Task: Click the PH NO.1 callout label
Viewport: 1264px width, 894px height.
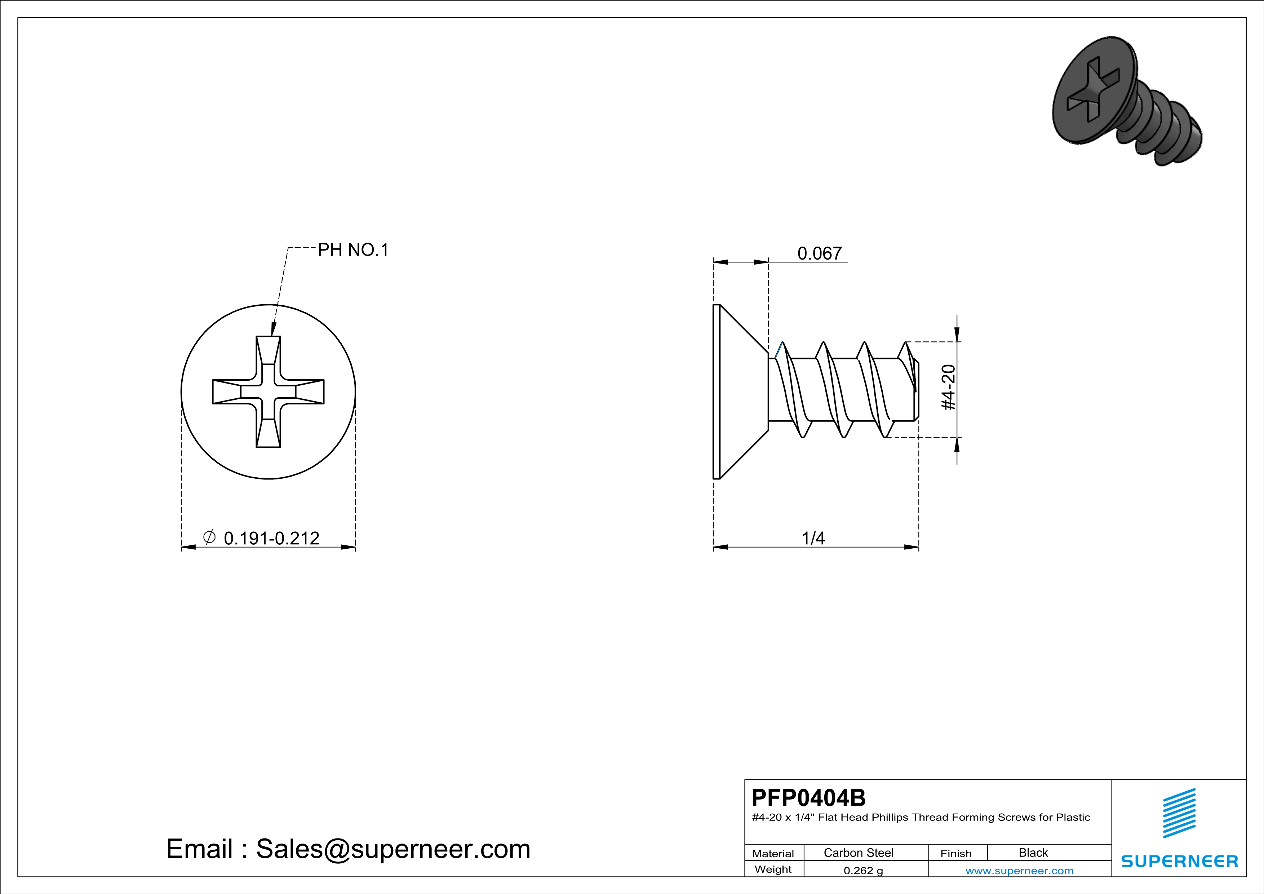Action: pyautogui.click(x=353, y=250)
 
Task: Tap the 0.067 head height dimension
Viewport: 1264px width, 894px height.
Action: pyautogui.click(x=820, y=253)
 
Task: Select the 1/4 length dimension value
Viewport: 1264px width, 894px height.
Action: pyautogui.click(x=813, y=538)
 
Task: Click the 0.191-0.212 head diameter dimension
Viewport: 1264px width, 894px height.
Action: pyautogui.click(x=271, y=538)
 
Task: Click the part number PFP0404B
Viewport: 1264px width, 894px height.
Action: pyautogui.click(x=808, y=797)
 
